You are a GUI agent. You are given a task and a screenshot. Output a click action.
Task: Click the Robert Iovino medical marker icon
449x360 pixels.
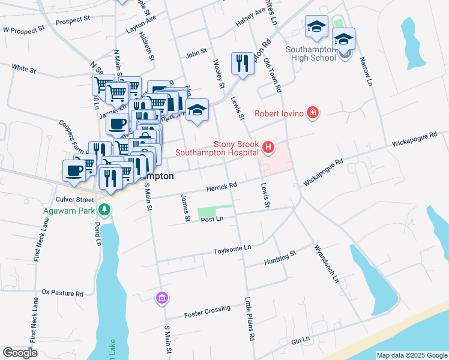(312, 112)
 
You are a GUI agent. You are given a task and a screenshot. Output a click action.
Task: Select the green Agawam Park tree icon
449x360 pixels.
(105, 209)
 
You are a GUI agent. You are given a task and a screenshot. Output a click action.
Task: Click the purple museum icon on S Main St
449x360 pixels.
(161, 298)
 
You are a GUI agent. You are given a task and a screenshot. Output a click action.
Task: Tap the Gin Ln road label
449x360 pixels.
(300, 340)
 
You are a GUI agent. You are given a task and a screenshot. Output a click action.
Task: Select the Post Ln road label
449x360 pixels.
(212, 220)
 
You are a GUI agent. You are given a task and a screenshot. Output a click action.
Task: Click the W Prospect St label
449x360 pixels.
(24, 28)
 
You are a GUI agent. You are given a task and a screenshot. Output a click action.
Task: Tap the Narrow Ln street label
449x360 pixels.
(366, 71)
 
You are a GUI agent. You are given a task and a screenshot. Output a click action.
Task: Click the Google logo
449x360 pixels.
(20, 352)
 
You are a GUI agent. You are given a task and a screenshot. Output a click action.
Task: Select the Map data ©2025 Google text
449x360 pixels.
(411, 355)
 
